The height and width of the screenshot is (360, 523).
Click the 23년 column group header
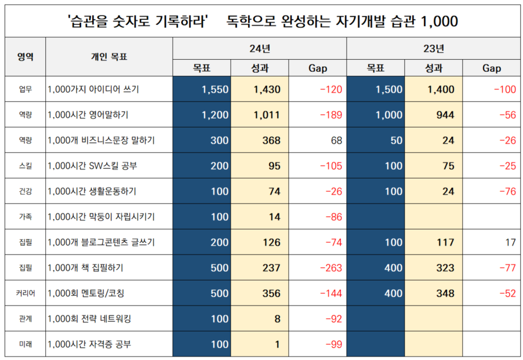[x=433, y=49]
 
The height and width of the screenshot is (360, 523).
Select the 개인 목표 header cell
[x=109, y=57]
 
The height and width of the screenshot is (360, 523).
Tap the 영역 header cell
[x=25, y=57]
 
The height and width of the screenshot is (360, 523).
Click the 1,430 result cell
[x=267, y=90]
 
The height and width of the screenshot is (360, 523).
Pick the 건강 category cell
[x=25, y=191]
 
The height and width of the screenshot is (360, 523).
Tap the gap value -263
[x=330, y=268]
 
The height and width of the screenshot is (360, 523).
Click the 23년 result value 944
[x=445, y=115]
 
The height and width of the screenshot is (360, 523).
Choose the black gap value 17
[x=510, y=242]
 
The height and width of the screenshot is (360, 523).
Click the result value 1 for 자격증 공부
[x=277, y=344]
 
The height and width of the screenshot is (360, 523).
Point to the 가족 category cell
[x=25, y=217]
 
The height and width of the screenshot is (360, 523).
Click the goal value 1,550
[x=215, y=90]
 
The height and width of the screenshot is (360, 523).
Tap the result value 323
[x=445, y=268]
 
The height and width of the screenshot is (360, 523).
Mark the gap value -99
[x=333, y=344]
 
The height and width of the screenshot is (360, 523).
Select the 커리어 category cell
[x=25, y=293]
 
